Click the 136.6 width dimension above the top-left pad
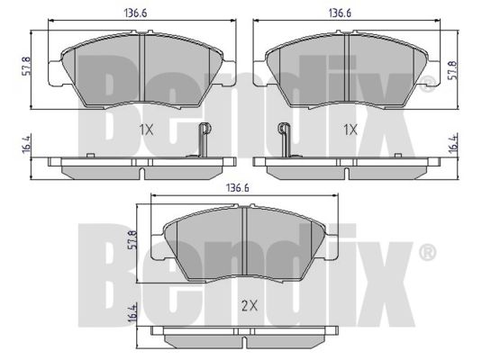[x=135, y=13]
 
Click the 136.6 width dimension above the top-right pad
[x=340, y=13]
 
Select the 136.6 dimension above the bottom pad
[x=238, y=188]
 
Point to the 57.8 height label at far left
[x=27, y=66]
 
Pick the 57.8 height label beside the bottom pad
[x=132, y=240]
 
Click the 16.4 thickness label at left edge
[x=27, y=144]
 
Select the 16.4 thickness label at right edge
[x=453, y=142]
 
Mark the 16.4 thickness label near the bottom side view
[x=132, y=313]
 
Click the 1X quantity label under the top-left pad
[x=146, y=130]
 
